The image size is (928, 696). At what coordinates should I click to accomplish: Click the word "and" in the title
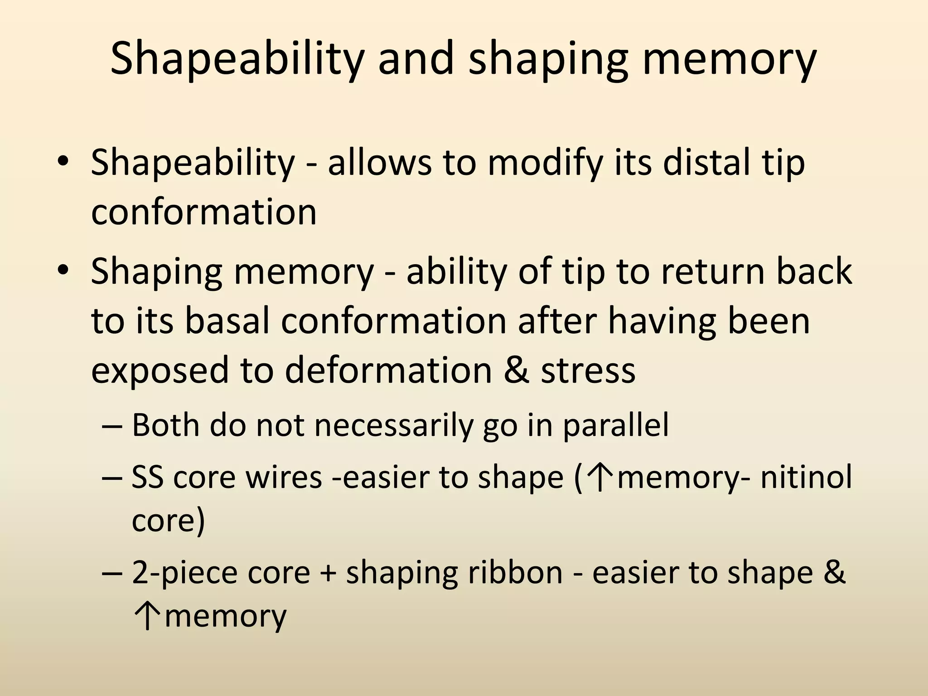[416, 59]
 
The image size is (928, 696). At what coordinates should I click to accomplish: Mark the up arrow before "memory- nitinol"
[599, 478]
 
